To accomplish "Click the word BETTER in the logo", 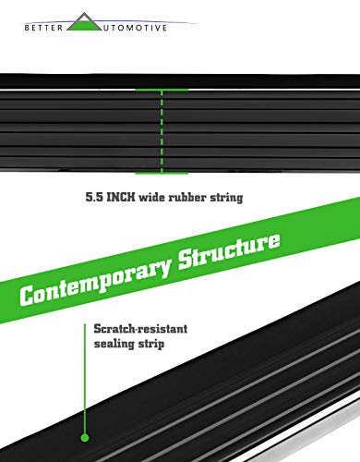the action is click(x=43, y=28).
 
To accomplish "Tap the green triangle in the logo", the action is click(x=84, y=24).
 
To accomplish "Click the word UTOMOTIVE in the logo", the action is click(x=135, y=28).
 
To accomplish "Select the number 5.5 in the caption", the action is click(x=94, y=197).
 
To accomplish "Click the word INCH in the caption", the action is click(x=121, y=197).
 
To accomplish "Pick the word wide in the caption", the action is click(x=152, y=197).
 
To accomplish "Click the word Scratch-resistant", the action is click(x=140, y=329).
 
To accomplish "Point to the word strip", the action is click(x=151, y=344).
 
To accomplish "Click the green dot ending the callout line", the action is click(x=85, y=437).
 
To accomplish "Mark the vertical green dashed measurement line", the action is click(x=162, y=131).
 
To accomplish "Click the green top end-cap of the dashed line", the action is click(x=162, y=90).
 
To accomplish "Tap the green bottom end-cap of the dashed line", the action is click(x=162, y=173).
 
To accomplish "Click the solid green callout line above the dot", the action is click(x=85, y=378).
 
